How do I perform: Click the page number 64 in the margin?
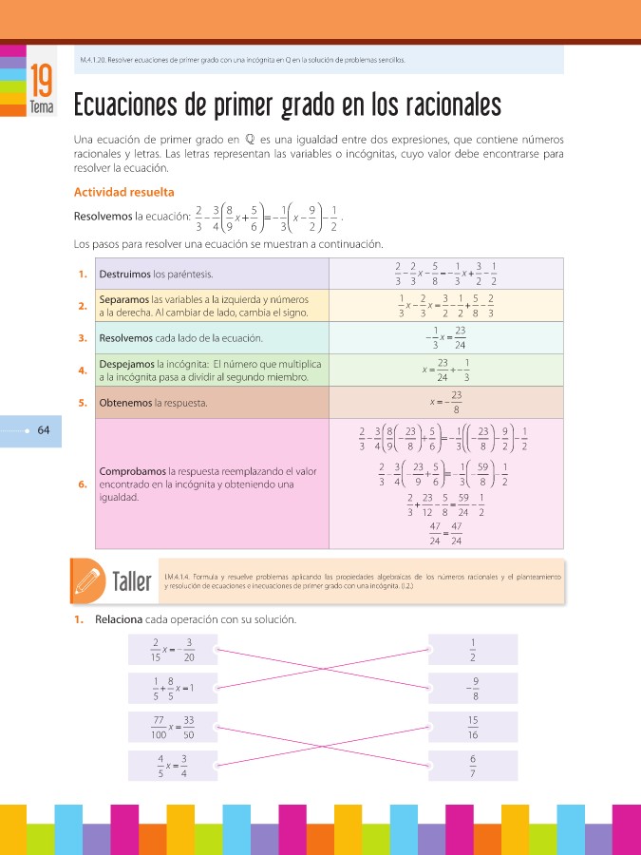44,430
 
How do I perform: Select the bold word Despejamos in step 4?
127,364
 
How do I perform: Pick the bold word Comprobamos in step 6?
132,470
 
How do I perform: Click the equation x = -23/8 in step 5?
446,403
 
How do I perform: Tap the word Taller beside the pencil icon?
132,580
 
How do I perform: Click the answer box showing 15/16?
473,727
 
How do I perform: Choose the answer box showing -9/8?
473,688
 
